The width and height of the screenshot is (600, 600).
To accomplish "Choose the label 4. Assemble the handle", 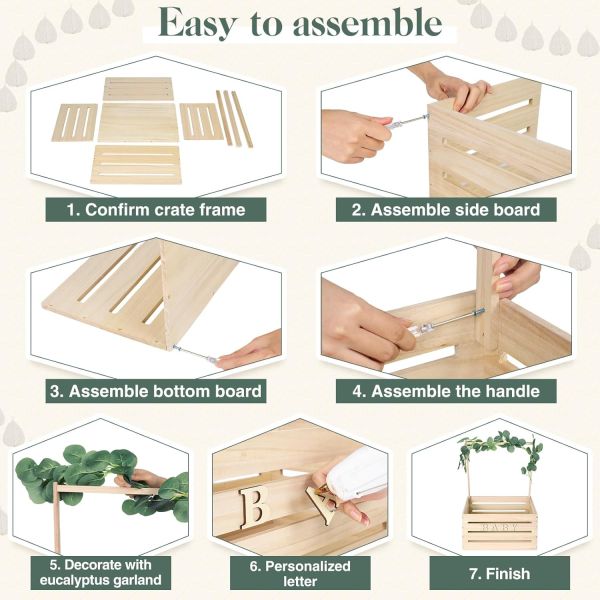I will click(445, 391).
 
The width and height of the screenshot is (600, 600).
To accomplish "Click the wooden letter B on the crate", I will click(257, 503).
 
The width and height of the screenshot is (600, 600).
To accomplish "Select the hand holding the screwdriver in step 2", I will click(352, 136).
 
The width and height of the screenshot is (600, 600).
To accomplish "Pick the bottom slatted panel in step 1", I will click(136, 163).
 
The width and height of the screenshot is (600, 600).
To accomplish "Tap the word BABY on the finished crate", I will click(499, 525).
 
